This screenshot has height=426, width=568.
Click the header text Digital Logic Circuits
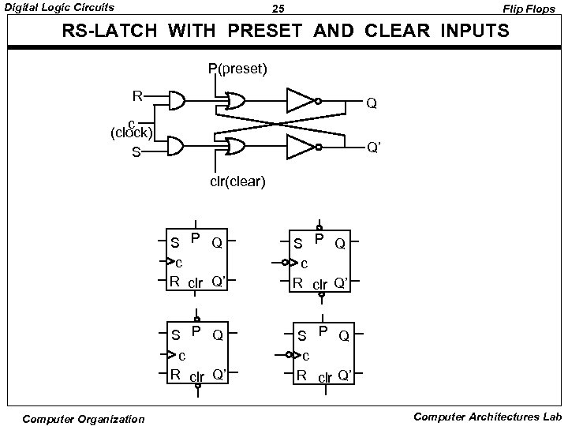point(59,8)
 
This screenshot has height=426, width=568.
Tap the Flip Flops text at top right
point(534,9)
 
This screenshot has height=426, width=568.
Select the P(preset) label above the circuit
point(237,69)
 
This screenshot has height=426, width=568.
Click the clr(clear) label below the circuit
point(237,182)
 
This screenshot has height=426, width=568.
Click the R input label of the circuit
point(137,97)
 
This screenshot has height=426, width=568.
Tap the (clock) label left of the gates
point(132,131)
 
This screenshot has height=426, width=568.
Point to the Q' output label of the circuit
point(374,147)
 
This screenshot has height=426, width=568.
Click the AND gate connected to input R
point(177,101)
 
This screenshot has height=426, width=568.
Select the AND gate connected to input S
point(177,146)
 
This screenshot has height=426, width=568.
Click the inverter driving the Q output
point(301,101)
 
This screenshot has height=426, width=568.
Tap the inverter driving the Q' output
point(301,146)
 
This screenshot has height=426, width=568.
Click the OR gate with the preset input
point(234,101)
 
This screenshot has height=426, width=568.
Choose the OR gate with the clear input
point(234,146)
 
